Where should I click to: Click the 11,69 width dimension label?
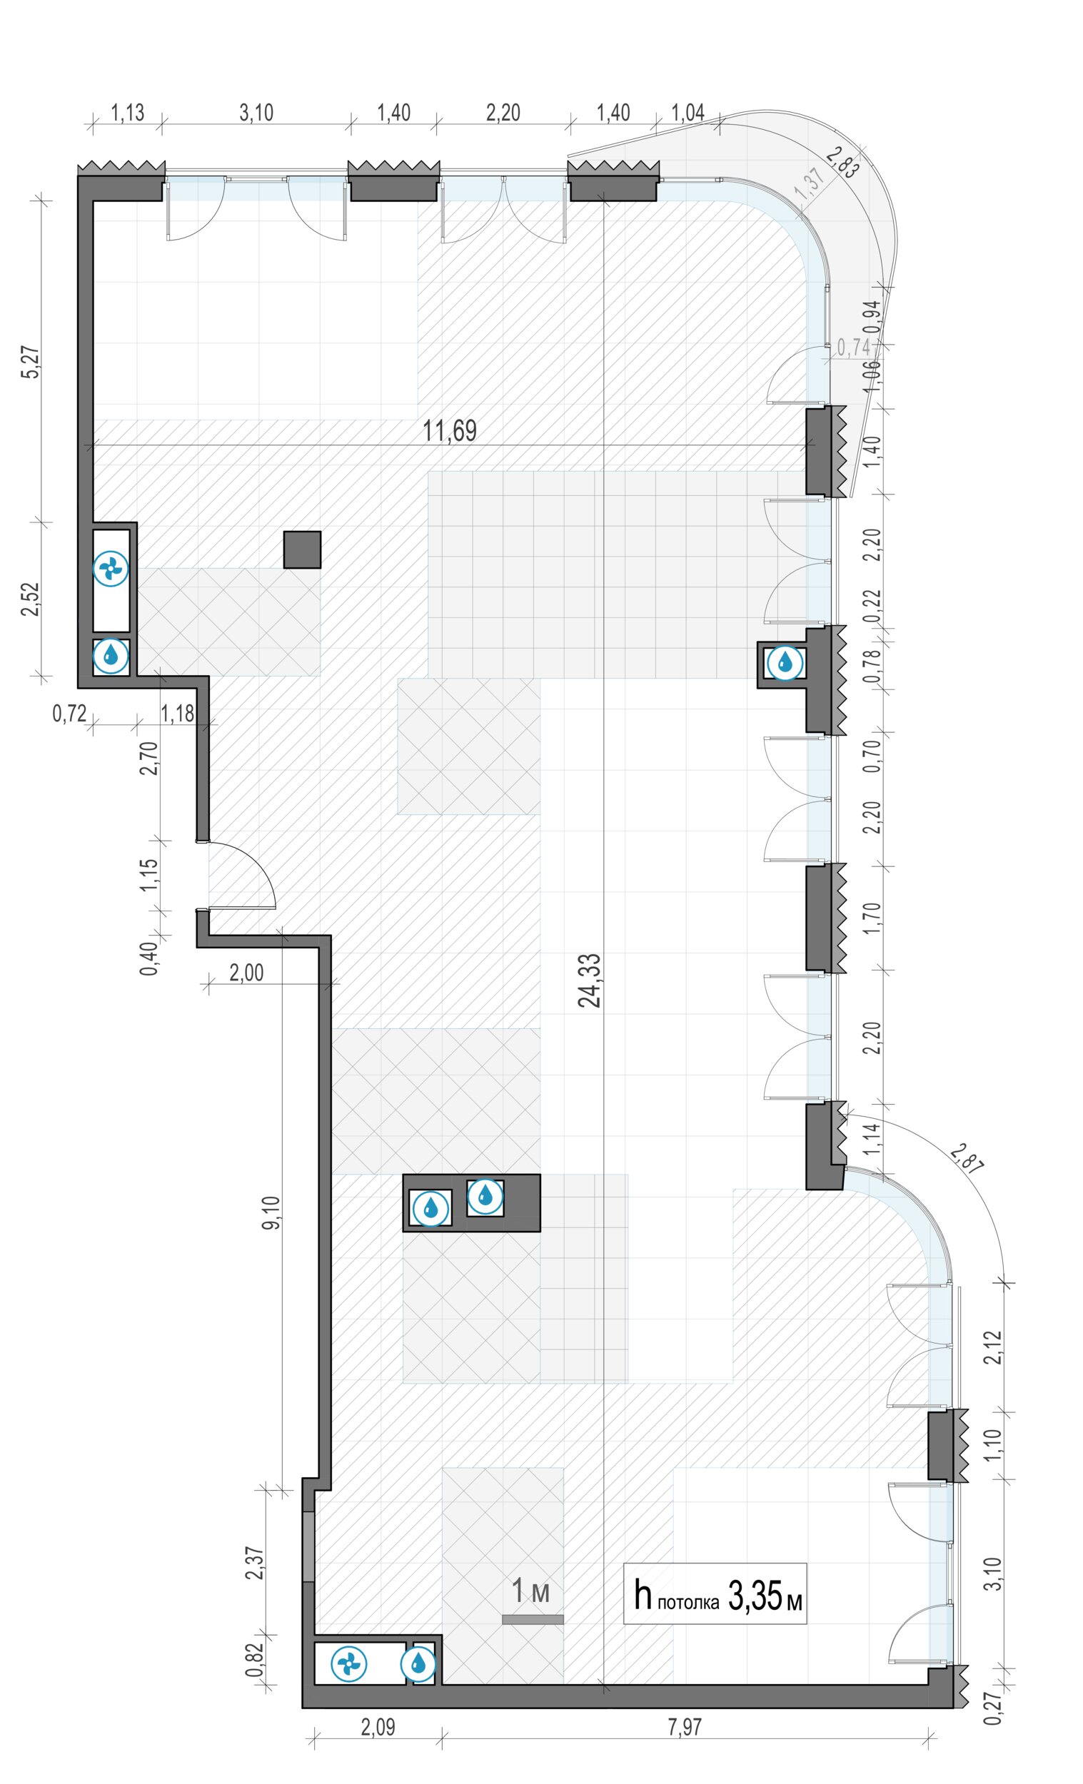point(450,431)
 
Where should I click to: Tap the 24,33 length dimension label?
point(590,980)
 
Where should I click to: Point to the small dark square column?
point(302,549)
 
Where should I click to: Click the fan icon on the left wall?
point(111,569)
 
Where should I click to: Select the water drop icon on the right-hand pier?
point(785,662)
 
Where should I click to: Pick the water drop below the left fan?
point(111,656)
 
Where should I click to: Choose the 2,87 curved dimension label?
point(968,1158)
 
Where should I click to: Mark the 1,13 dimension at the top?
point(127,112)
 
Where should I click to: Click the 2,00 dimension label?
point(246,973)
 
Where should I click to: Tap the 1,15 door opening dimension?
point(148,875)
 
